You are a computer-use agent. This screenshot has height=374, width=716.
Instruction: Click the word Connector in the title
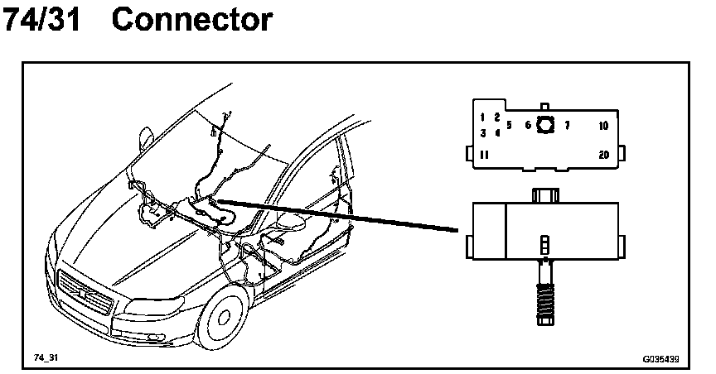pyautogui.click(x=191, y=20)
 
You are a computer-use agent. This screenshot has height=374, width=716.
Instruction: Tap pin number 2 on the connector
pyautogui.click(x=497, y=117)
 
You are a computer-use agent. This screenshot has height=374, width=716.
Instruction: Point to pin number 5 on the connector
pyautogui.click(x=509, y=126)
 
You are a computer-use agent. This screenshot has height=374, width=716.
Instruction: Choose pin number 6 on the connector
pyautogui.click(x=528, y=126)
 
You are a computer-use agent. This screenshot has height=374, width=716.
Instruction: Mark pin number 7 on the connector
pyautogui.click(x=567, y=126)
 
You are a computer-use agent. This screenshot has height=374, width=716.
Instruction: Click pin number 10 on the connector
pyautogui.click(x=603, y=126)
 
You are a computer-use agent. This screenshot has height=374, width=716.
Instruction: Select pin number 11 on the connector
pyautogui.click(x=484, y=155)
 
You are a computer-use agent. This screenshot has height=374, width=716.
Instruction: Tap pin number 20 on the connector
pyautogui.click(x=603, y=155)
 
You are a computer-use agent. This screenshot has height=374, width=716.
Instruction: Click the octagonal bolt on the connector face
pyautogui.click(x=546, y=126)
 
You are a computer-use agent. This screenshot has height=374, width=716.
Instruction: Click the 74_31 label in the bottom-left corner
pyautogui.click(x=46, y=357)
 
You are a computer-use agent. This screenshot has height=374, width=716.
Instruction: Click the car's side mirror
pyautogui.click(x=147, y=134)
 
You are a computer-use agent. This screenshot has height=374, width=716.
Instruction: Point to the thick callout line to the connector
pyautogui.click(x=340, y=214)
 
